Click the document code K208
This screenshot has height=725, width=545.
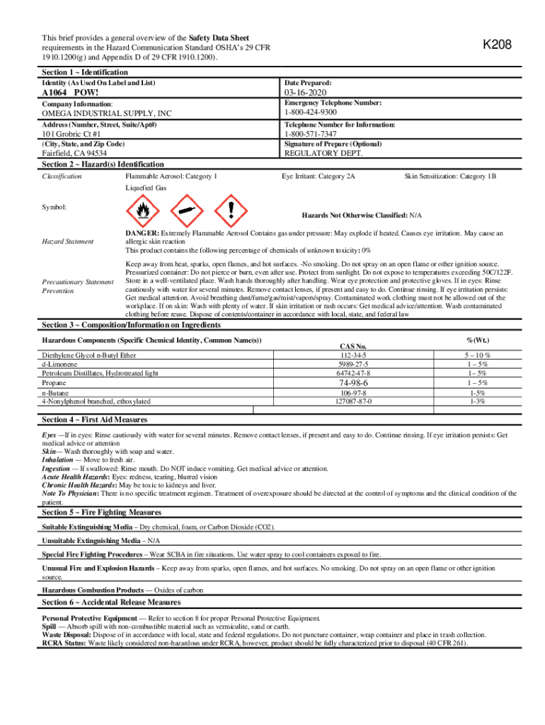497,45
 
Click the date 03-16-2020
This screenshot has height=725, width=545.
306,93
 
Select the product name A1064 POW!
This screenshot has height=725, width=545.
70,93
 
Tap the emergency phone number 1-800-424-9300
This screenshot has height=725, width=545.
310,112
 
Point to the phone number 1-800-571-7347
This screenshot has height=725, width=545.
310,134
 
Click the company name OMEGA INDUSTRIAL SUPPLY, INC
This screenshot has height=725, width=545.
106,113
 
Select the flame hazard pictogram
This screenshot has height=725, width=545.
142,210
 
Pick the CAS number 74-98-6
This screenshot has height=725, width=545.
352,382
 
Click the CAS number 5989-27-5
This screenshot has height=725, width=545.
352,364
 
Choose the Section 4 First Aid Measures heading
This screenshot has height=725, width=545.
94,420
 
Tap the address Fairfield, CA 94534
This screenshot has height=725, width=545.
75,153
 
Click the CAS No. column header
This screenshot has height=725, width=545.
352,346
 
